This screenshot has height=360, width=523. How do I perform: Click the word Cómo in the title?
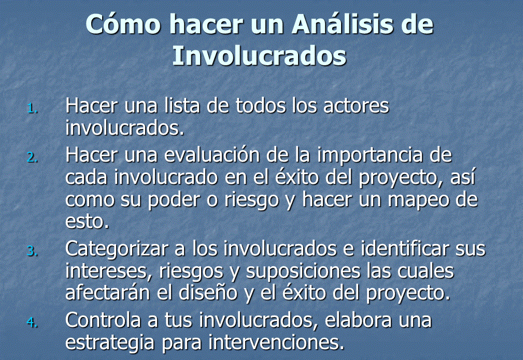(x=123, y=24)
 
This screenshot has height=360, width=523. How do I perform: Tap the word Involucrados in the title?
(x=259, y=55)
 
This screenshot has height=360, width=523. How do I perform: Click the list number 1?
(x=32, y=108)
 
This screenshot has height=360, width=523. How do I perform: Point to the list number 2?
(x=32, y=157)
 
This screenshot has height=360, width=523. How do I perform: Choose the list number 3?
(x=32, y=251)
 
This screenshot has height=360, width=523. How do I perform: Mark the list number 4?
(x=32, y=322)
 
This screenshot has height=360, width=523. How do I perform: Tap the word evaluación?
(x=212, y=155)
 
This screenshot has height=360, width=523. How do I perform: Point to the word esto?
(x=87, y=222)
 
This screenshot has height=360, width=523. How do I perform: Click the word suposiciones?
(x=303, y=271)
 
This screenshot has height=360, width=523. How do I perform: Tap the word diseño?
(x=208, y=293)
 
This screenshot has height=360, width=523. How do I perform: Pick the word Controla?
(x=103, y=320)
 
